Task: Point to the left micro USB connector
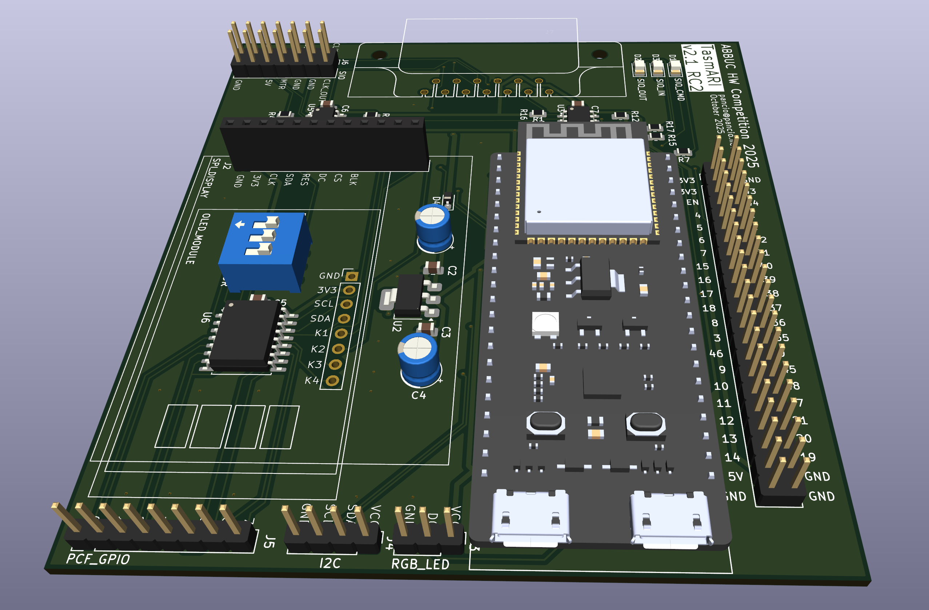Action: [x=530, y=517]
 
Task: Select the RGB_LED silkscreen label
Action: [x=420, y=564]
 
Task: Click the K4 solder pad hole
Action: [x=332, y=380]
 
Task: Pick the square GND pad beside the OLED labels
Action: [x=351, y=276]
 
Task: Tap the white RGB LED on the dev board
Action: [x=545, y=323]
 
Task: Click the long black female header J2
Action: [x=324, y=144]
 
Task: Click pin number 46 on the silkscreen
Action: [x=716, y=354]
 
